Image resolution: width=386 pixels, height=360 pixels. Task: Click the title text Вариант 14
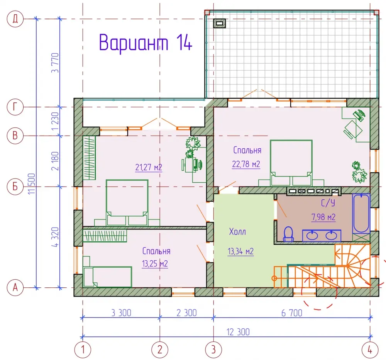(146, 42)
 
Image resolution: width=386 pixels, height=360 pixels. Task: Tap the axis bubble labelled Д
(15, 19)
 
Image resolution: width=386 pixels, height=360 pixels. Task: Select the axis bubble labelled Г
(15, 107)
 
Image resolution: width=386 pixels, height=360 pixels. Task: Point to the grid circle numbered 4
(370, 350)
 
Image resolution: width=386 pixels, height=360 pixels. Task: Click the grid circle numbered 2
(160, 350)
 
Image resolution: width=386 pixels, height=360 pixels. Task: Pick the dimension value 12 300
(238, 332)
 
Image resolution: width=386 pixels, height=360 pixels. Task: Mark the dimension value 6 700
(292, 313)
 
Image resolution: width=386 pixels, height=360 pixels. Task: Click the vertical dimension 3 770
(55, 63)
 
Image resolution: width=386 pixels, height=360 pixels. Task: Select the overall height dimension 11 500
(32, 184)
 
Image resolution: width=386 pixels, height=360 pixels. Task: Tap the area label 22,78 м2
(246, 164)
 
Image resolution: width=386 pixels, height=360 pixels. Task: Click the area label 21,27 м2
(149, 168)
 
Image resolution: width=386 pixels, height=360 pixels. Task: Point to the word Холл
(237, 232)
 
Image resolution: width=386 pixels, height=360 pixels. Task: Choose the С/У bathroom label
(328, 203)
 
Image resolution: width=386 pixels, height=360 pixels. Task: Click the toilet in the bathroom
(288, 234)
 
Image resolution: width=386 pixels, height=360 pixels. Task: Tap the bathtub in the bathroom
(361, 213)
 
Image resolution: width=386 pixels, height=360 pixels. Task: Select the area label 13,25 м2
(155, 264)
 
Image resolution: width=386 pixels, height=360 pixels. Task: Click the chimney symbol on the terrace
(219, 24)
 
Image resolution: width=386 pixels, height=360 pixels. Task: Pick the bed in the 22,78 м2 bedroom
(291, 163)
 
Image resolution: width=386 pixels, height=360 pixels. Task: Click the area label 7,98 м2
(323, 217)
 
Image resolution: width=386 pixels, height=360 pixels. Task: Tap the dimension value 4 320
(55, 237)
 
